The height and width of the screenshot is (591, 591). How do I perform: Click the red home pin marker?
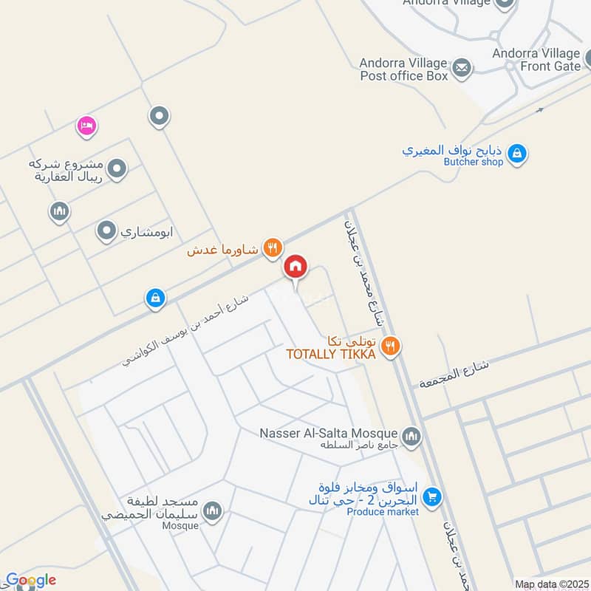295,267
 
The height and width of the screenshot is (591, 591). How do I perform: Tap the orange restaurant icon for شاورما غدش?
273,248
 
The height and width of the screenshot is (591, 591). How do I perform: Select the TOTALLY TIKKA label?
331,355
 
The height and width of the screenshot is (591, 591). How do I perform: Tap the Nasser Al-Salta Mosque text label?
329,433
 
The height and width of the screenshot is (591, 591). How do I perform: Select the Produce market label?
383,512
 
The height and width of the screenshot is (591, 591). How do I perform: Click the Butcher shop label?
473,162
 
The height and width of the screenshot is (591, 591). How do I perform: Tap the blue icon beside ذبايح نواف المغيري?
518,153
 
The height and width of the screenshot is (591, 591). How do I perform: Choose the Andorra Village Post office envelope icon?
462,68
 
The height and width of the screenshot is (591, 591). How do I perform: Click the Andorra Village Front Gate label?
537,59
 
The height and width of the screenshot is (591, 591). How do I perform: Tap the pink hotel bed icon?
86,126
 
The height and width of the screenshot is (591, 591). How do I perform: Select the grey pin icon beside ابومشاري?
106,232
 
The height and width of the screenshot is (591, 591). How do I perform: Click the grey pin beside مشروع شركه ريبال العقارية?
116,170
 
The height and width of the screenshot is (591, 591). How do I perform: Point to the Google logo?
30,581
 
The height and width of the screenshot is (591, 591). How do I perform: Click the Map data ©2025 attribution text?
550,584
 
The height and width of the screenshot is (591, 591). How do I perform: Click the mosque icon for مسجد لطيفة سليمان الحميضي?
213,511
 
